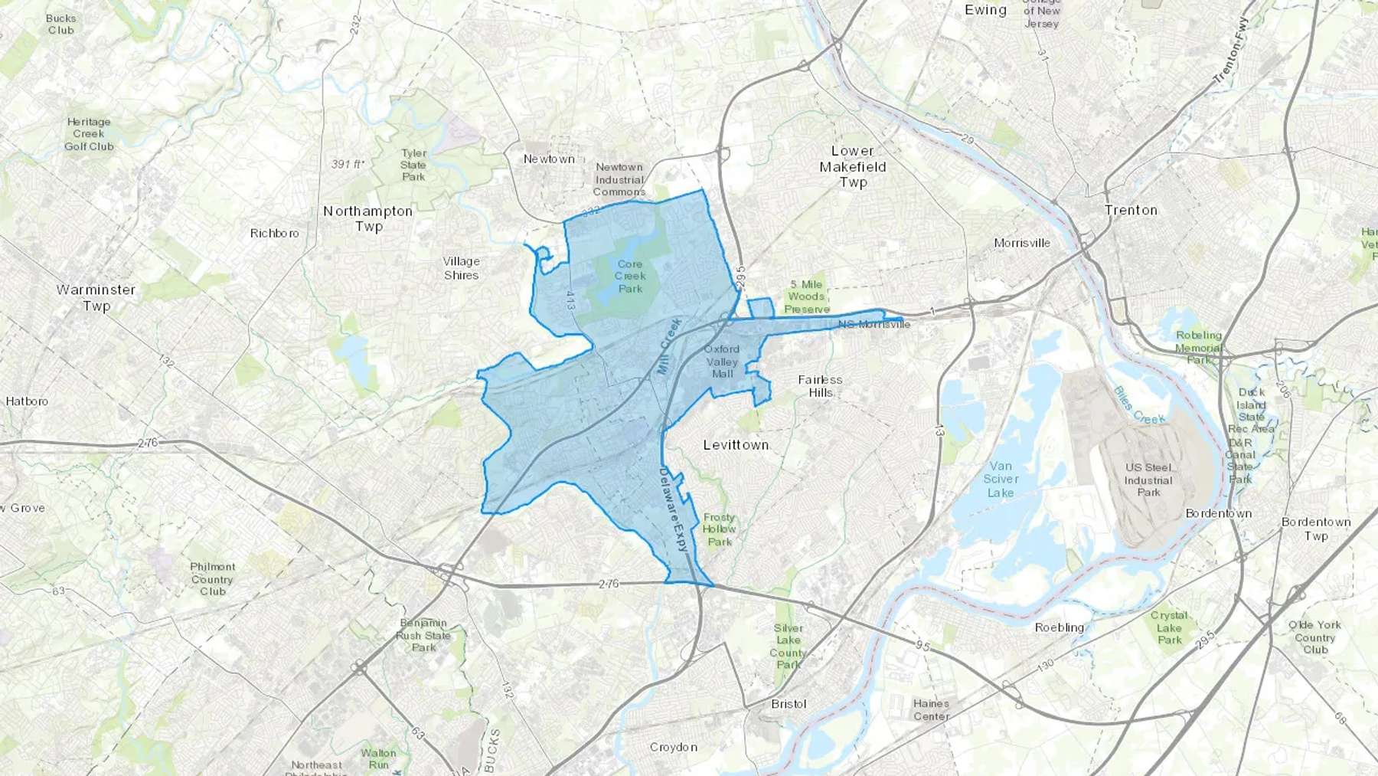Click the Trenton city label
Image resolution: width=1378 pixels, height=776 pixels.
point(1131,210)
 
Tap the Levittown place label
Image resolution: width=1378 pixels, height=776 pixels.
point(736,444)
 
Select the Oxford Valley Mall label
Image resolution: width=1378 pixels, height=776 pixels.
point(722,362)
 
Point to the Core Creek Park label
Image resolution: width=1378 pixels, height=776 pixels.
point(630,277)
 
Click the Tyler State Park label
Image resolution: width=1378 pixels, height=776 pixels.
point(413,165)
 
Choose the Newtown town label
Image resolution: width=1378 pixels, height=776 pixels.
point(549,159)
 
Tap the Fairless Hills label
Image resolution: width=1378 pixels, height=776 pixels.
point(820,385)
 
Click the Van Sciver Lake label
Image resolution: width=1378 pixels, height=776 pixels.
point(1001,479)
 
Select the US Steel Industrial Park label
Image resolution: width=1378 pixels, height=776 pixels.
point(1148,480)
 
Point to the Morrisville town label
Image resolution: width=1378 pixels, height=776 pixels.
point(1022,243)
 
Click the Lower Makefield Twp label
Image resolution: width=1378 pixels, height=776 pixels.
point(853,166)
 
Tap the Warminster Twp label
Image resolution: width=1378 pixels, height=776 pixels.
point(96,298)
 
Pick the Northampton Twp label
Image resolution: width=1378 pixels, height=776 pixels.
point(367,218)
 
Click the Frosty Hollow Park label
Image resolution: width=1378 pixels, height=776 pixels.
point(719,529)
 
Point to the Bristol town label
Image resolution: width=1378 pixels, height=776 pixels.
point(789,704)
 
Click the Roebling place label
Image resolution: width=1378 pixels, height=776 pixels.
point(1060,627)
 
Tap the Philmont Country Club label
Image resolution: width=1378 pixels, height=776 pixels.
point(213,579)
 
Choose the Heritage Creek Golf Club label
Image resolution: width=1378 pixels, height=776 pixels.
point(89,134)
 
